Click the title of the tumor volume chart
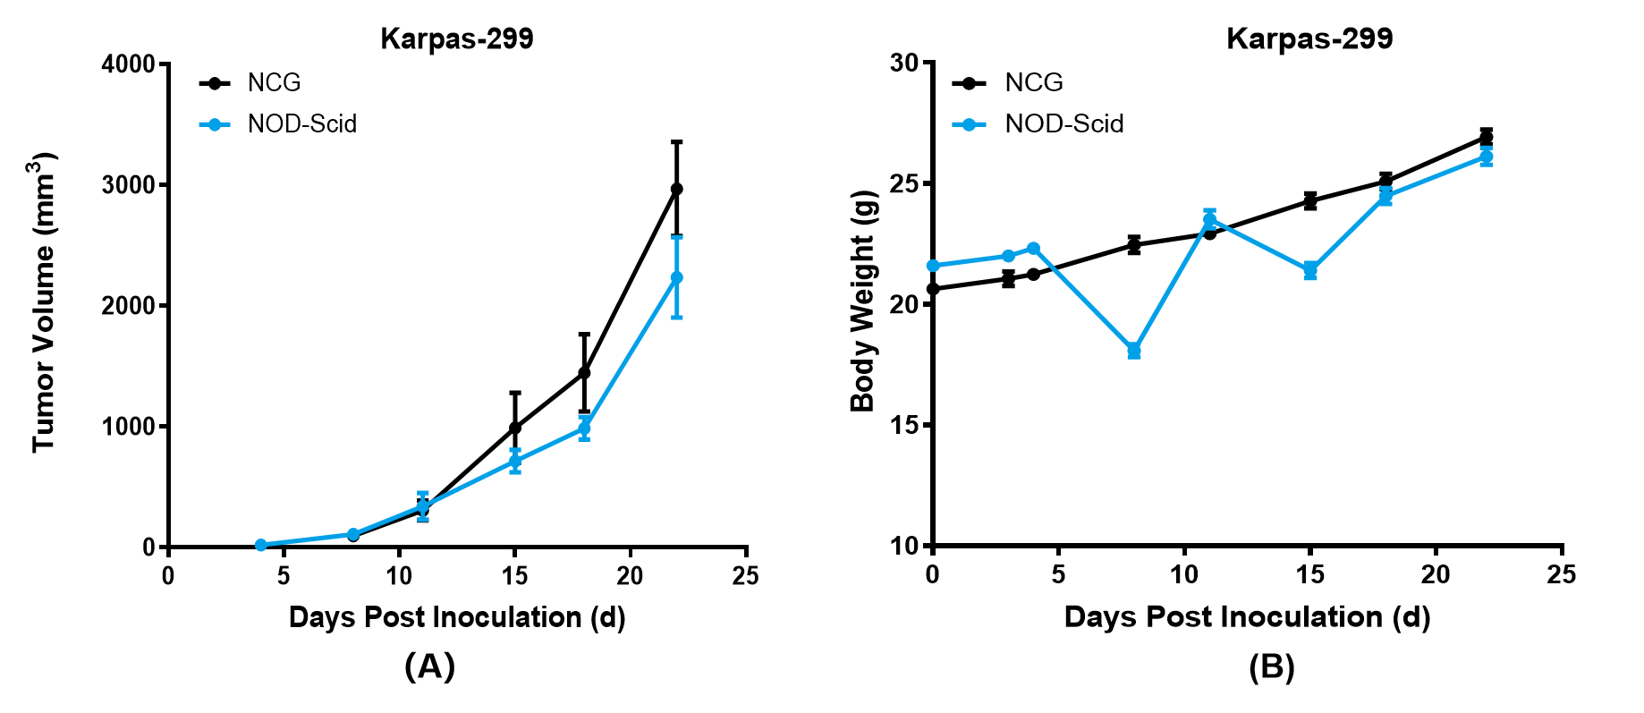tap(457, 39)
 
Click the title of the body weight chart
tap(1309, 39)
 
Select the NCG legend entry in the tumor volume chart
tap(274, 82)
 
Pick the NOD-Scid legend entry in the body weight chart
tap(1064, 123)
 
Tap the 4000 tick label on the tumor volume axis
tap(129, 64)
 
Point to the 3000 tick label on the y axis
tap(129, 185)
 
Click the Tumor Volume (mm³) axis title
tap(45, 302)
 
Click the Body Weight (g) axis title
tap(863, 301)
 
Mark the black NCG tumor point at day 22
tap(676, 189)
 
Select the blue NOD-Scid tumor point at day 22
tap(676, 277)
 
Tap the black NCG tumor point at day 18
tap(584, 372)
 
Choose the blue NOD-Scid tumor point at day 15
tap(515, 461)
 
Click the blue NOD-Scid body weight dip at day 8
tap(1134, 350)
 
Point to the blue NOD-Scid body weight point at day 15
tap(1310, 269)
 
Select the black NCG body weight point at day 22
tap(1487, 137)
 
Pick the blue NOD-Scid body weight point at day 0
tap(933, 266)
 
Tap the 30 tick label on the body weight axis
tap(904, 63)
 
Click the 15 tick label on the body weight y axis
tap(904, 425)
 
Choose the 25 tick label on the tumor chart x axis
tap(745, 576)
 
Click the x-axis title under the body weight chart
tap(1247, 617)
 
